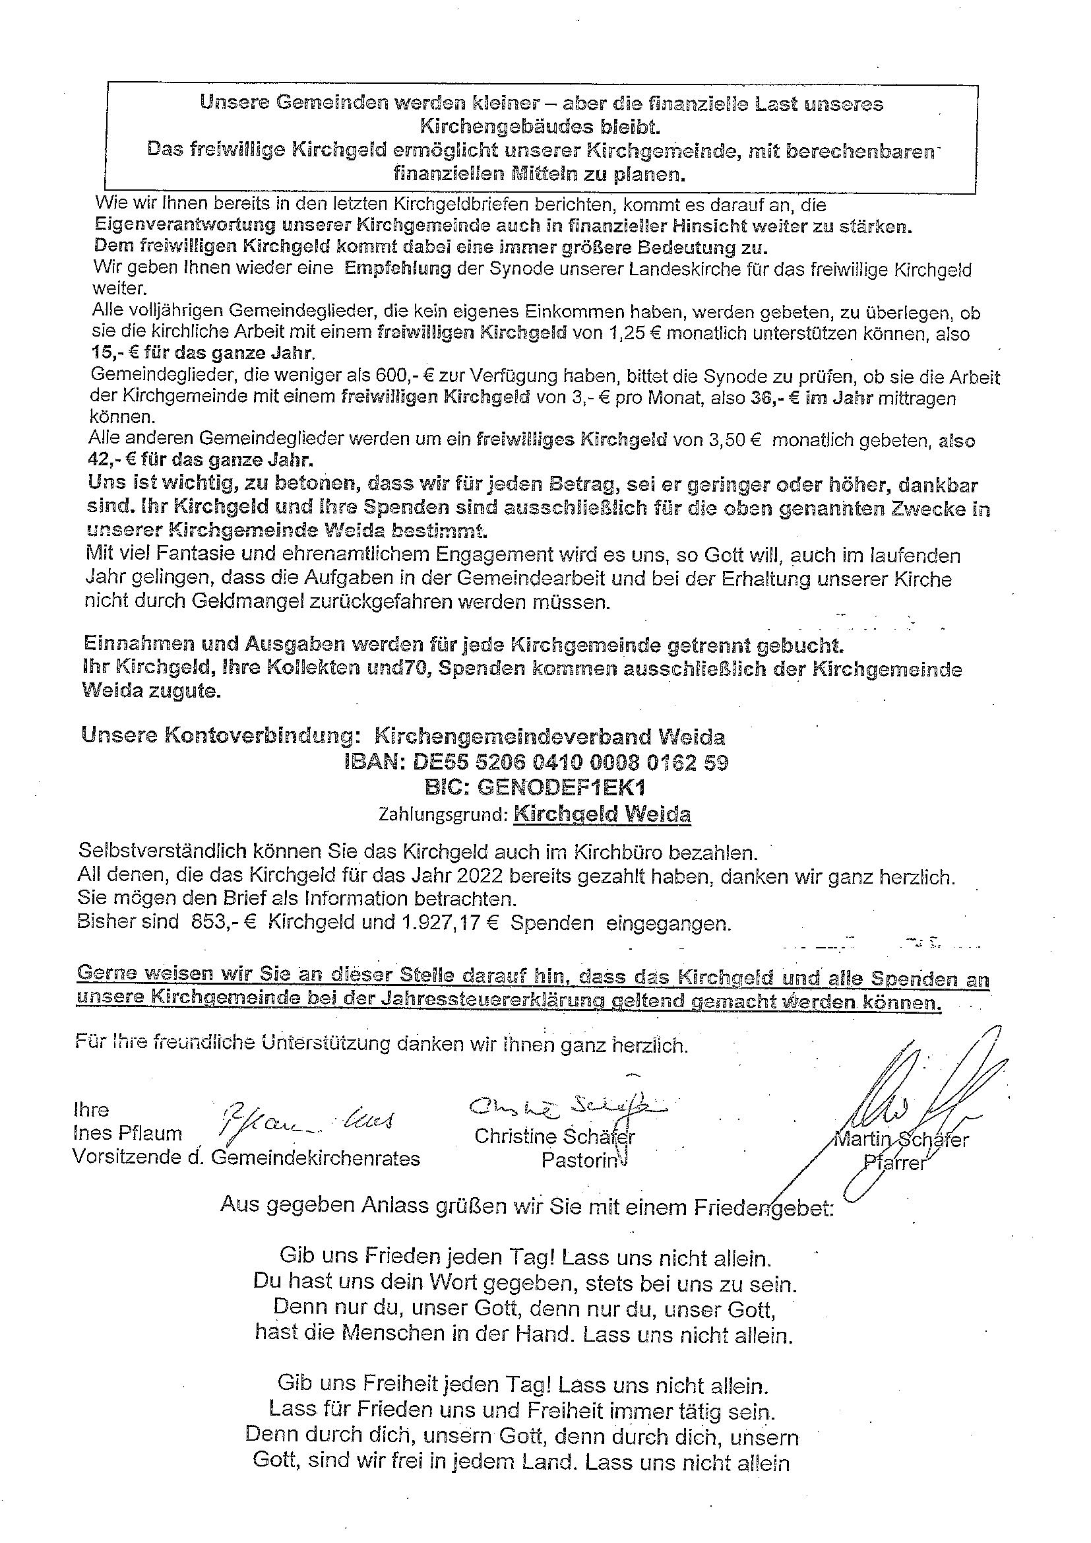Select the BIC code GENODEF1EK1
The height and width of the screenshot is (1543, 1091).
coord(535,787)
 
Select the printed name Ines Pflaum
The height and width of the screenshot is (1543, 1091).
coord(128,1134)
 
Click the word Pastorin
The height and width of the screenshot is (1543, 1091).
coord(578,1161)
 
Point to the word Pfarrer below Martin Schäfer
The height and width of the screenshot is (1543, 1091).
coord(894,1164)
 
